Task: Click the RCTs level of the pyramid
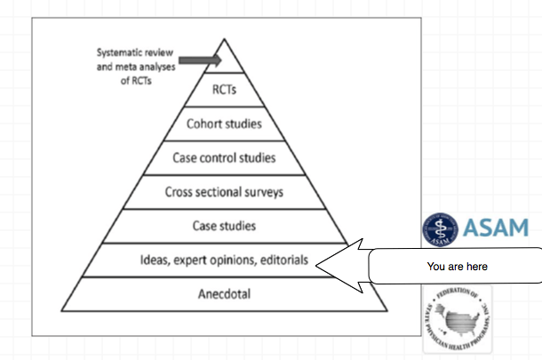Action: (x=225, y=90)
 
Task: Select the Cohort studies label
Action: (x=224, y=124)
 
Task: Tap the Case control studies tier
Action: (x=224, y=158)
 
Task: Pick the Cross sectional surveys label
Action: (x=224, y=192)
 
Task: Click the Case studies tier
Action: (x=224, y=226)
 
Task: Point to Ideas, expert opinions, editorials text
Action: (x=224, y=260)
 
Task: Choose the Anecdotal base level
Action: (x=224, y=295)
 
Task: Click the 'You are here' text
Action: (x=457, y=266)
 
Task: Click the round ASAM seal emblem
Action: (x=438, y=228)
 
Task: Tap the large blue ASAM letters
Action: (x=493, y=228)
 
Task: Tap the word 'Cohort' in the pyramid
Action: (x=203, y=124)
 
